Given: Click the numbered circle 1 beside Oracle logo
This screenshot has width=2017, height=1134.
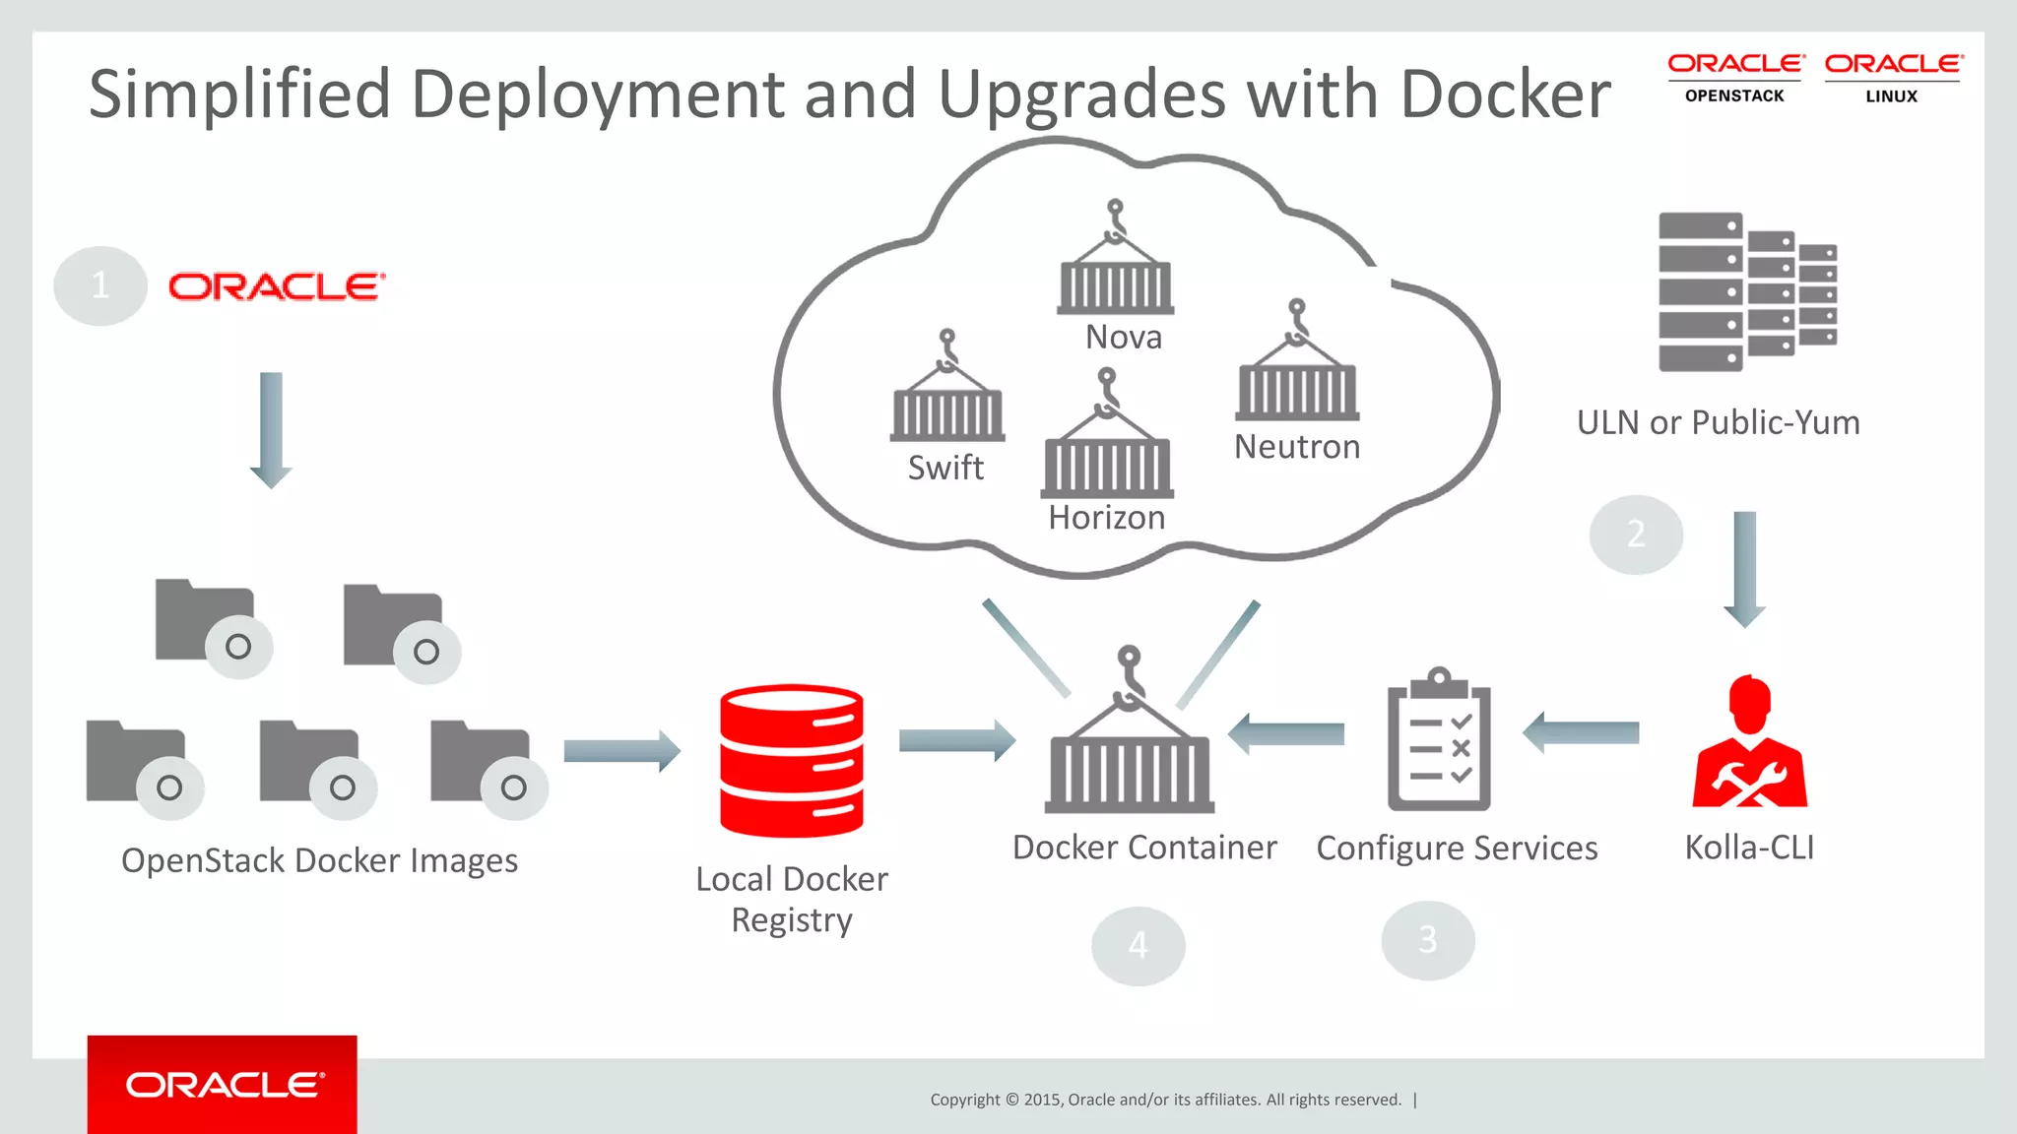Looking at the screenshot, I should (100, 285).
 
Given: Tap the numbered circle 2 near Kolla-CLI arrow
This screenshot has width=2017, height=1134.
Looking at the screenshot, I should (1636, 535).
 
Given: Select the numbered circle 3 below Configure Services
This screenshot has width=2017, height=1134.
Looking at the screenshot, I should (1428, 940).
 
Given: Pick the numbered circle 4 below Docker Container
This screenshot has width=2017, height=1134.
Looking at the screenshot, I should (1138, 945).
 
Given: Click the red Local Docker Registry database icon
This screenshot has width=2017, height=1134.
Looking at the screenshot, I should (792, 760).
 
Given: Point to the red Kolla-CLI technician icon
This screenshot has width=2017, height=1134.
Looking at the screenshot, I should (1750, 743).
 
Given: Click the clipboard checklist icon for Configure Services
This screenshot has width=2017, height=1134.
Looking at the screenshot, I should (1439, 740).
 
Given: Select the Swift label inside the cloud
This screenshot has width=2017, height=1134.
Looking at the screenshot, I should (945, 468).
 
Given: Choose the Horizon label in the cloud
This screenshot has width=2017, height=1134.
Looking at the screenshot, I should (1107, 518).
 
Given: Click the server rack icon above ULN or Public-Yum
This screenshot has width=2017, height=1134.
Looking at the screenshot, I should (1746, 291).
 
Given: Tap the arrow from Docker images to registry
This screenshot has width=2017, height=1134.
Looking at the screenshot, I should (621, 751).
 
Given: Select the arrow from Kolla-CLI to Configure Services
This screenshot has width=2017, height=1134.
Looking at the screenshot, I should (1581, 732).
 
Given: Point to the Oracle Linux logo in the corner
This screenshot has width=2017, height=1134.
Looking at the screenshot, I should (1892, 79).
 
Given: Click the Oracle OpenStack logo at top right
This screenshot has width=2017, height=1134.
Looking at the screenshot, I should (1734, 79).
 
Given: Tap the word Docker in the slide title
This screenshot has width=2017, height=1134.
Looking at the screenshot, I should (1505, 94).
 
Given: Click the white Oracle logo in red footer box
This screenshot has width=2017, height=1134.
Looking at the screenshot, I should (224, 1085).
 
